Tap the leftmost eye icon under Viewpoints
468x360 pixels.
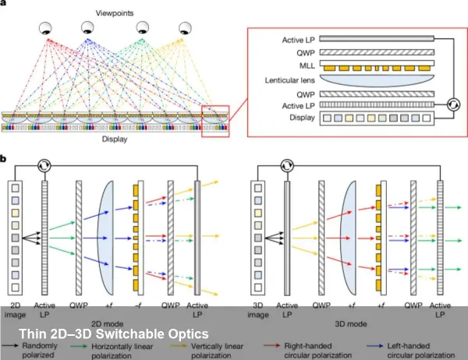point(48,30)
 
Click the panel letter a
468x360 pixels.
point(6,7)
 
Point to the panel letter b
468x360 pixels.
point(6,160)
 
